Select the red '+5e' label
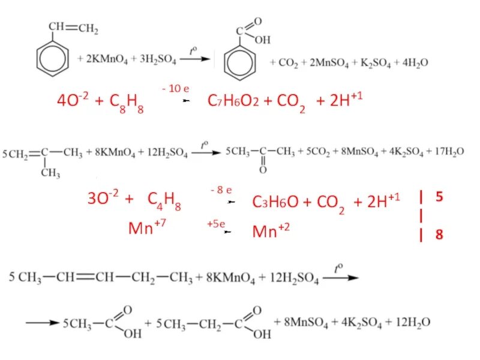click(215, 224)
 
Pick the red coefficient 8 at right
click(440, 235)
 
